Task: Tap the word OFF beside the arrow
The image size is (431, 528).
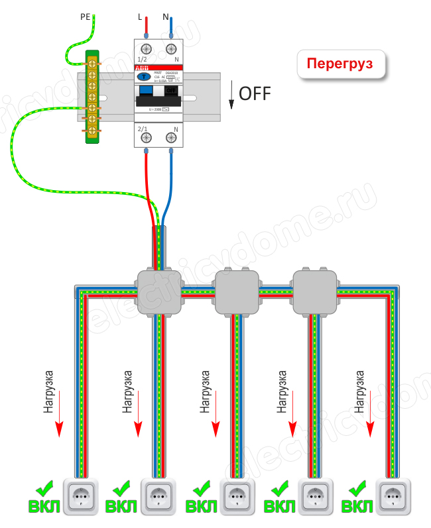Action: pyautogui.click(x=255, y=93)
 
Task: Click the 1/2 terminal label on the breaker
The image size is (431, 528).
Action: pyautogui.click(x=143, y=59)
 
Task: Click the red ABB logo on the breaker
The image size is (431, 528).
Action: pyautogui.click(x=142, y=68)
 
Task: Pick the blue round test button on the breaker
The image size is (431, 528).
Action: pyautogui.click(x=143, y=77)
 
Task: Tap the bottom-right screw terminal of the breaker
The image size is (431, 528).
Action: pyautogui.click(x=172, y=138)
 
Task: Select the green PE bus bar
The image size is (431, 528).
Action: pyautogui.click(x=91, y=96)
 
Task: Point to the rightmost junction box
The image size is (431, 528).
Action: pyautogui.click(x=314, y=291)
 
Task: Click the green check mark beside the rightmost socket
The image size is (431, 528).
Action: pyautogui.click(x=358, y=489)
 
